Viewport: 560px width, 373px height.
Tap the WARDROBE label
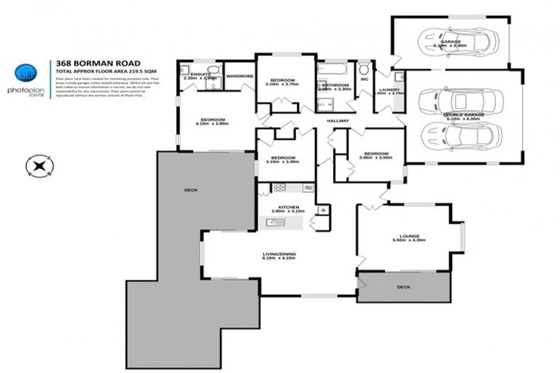238,75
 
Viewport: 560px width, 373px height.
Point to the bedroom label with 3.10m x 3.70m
282,79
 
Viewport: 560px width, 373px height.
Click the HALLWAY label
338,120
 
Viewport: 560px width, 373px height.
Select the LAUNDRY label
386,90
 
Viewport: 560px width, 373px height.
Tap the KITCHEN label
284,208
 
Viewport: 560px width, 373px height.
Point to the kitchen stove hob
279,189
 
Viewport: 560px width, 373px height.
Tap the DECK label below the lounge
403,287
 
